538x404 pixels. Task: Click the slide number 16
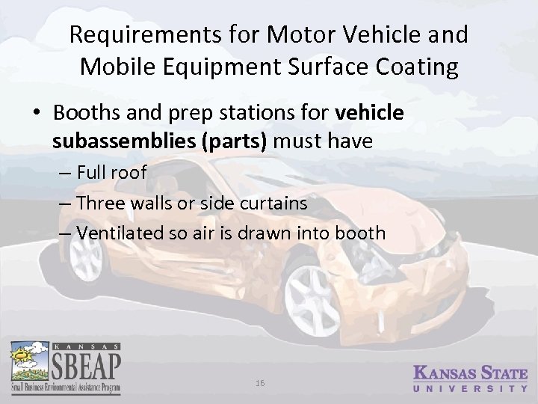pos(260,382)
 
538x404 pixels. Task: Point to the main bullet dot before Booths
pos(36,113)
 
